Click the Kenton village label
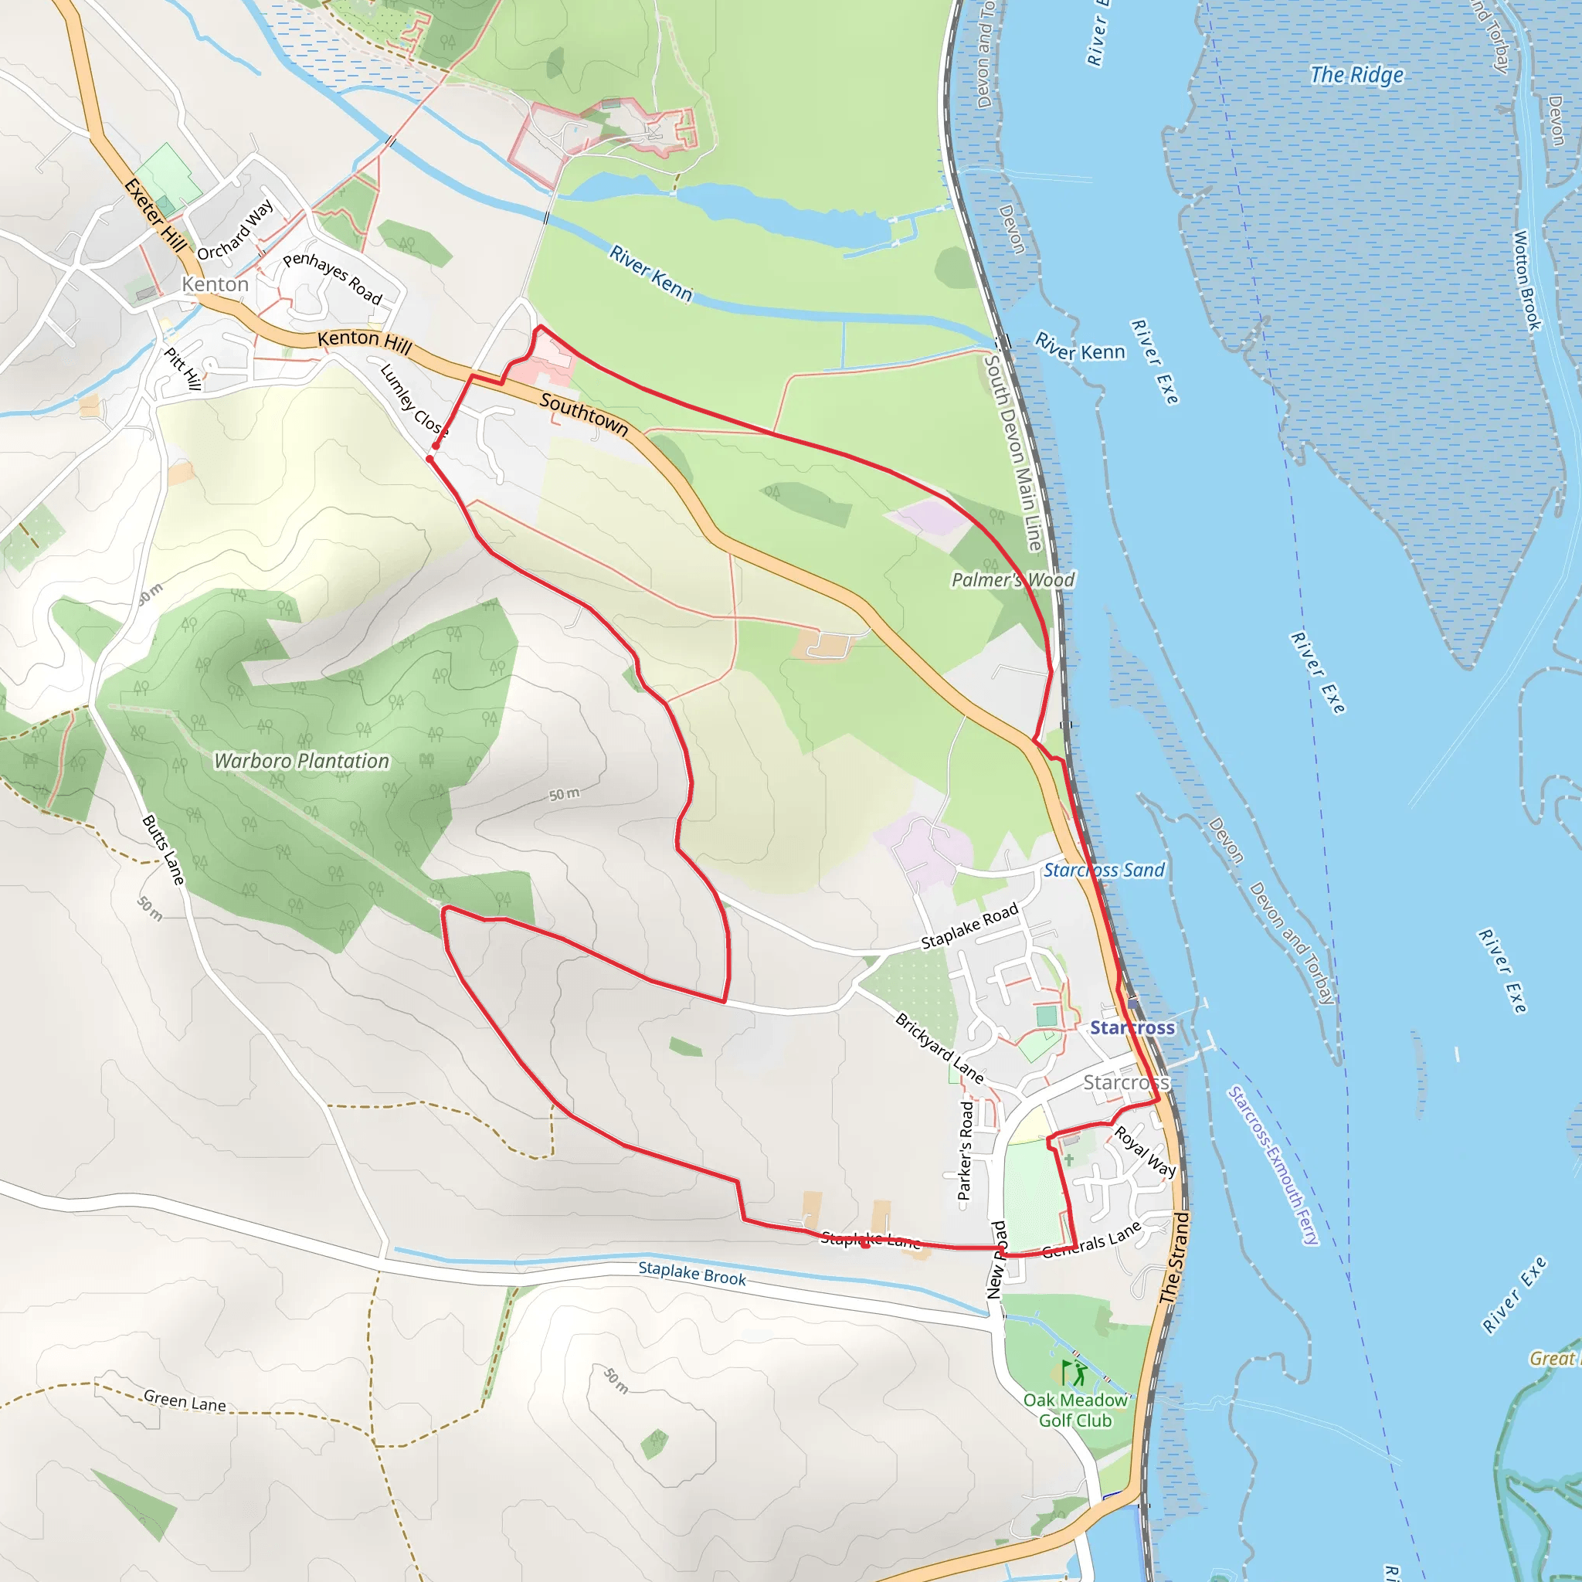(216, 284)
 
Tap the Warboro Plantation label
(301, 761)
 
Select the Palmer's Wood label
(1012, 580)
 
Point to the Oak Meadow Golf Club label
(1075, 1410)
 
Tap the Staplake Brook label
(692, 1273)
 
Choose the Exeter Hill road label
(155, 216)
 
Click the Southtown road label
(584, 414)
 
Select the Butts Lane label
(164, 848)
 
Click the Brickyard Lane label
(939, 1048)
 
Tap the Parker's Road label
(966, 1150)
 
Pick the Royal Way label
(1145, 1151)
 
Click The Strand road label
(1174, 1258)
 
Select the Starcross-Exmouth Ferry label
(1273, 1166)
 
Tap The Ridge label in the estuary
(1356, 76)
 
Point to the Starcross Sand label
(1103, 871)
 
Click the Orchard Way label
(236, 230)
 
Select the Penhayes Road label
(332, 278)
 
